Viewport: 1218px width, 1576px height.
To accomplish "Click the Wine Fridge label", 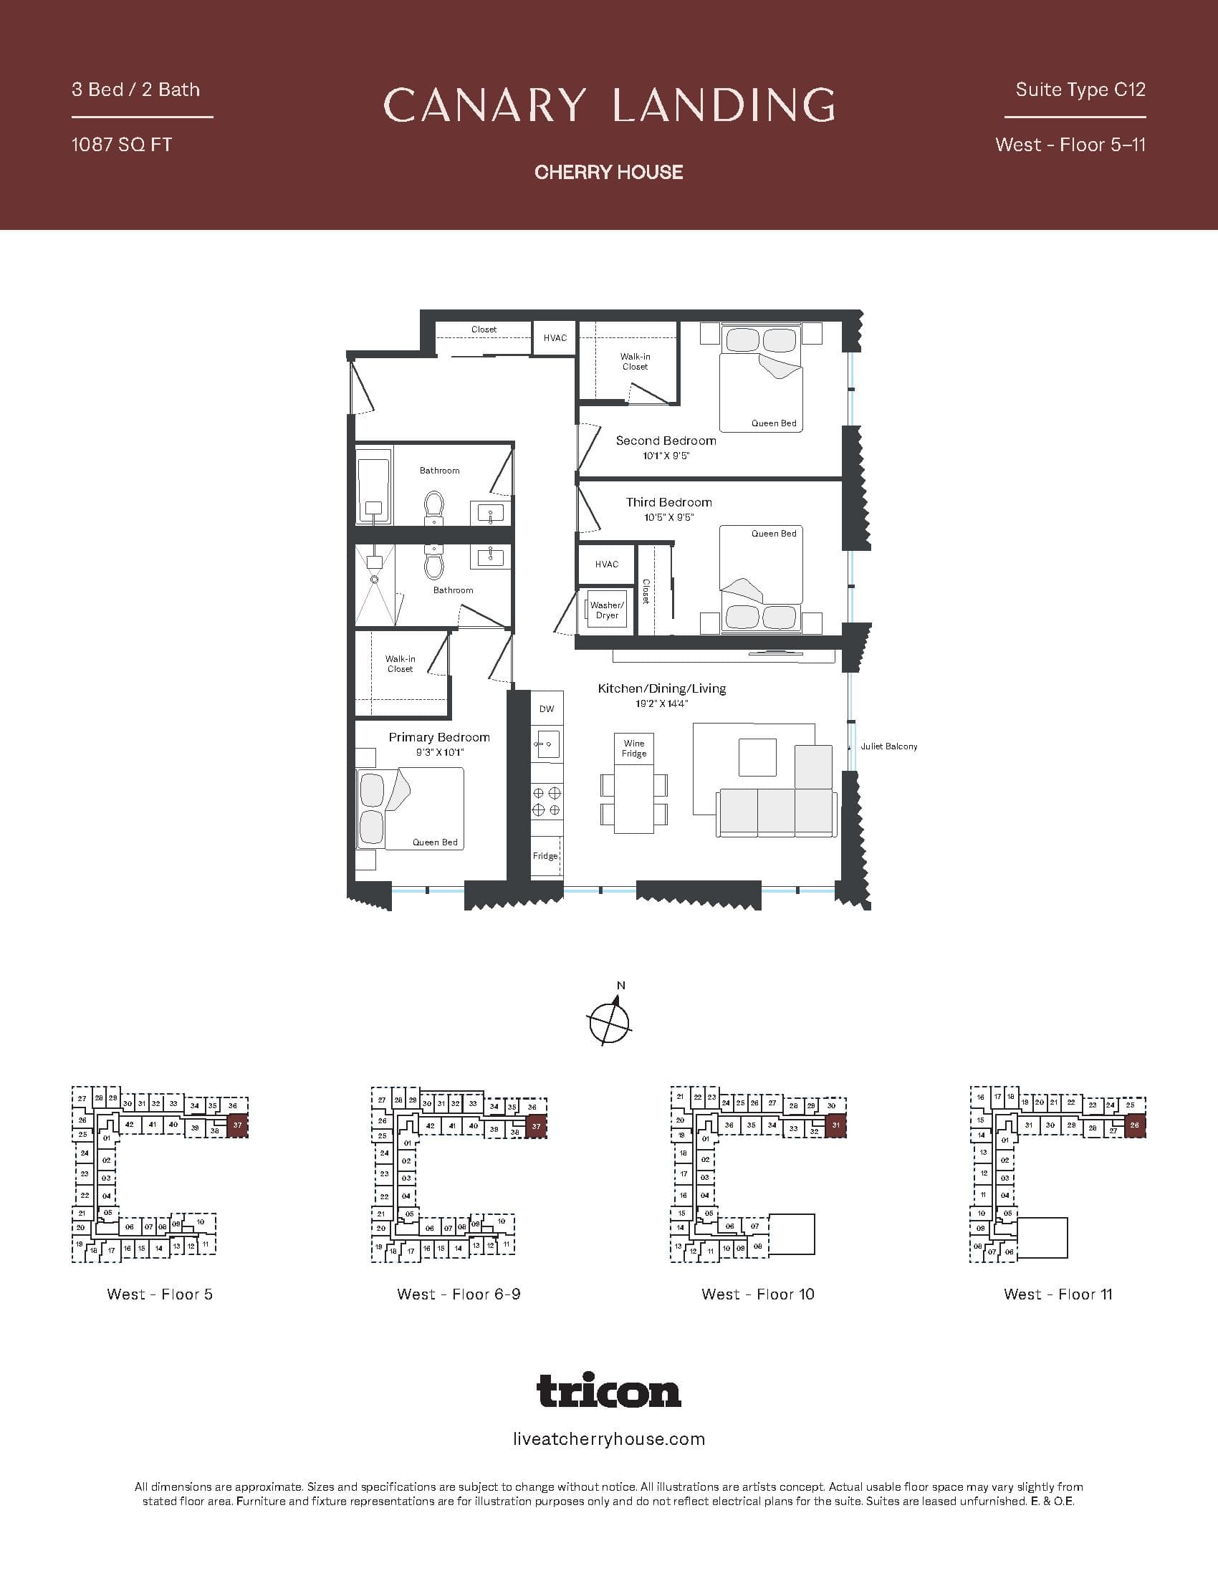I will pyautogui.click(x=633, y=749).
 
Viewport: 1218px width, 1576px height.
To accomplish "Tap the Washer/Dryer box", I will pyautogui.click(x=607, y=610).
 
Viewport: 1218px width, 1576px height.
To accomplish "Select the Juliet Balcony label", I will pyautogui.click(x=888, y=746).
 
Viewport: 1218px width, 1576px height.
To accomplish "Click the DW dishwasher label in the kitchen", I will pyautogui.click(x=547, y=708).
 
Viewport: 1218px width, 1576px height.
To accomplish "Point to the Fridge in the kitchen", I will pyautogui.click(x=546, y=856).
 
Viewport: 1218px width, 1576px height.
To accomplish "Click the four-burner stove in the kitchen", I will pyautogui.click(x=546, y=801).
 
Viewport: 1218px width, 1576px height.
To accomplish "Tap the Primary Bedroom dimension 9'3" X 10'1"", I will pyautogui.click(x=439, y=753).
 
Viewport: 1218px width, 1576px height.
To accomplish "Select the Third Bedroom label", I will pyautogui.click(x=669, y=502).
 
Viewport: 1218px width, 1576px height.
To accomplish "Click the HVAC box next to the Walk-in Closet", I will pyautogui.click(x=555, y=337).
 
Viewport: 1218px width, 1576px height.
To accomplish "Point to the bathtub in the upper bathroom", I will pyautogui.click(x=374, y=486).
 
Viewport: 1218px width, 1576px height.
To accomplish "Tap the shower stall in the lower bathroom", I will pyautogui.click(x=375, y=585).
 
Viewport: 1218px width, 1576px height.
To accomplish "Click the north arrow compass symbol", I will pyautogui.click(x=610, y=1020).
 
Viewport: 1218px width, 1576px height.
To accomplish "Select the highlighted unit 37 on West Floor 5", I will pyautogui.click(x=237, y=1125).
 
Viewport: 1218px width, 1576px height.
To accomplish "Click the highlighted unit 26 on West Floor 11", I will pyautogui.click(x=1134, y=1125).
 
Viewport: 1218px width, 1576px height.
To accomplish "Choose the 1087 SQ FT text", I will pyautogui.click(x=122, y=145).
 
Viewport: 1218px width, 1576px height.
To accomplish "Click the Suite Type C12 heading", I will pyautogui.click(x=1080, y=90).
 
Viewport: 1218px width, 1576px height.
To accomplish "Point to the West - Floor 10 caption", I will pyautogui.click(x=757, y=1294).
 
